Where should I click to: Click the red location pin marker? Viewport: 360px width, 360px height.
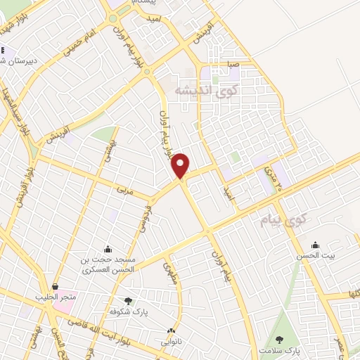coord(181,166)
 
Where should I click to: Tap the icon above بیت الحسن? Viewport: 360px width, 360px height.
coord(316,245)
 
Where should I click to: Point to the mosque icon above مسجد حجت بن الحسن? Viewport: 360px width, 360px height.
coord(107,248)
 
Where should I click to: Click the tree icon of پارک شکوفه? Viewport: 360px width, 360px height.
coord(127,300)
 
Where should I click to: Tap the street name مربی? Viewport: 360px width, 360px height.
coord(127,189)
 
